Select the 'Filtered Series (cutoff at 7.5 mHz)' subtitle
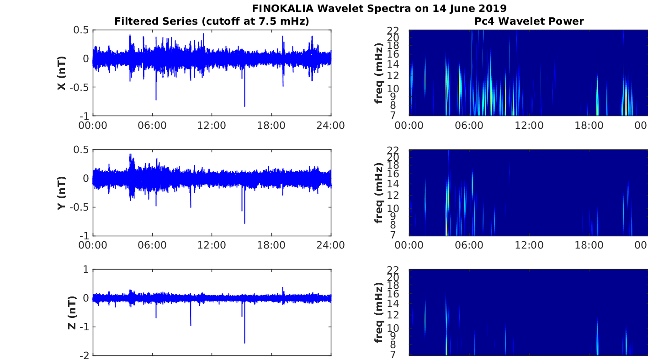[x=212, y=21]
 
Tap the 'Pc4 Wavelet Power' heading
[x=529, y=21]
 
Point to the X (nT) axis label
[x=62, y=73]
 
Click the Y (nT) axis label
[x=62, y=193]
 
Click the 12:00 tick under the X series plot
[x=212, y=126]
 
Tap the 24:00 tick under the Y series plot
[x=330, y=245]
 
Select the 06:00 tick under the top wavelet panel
[x=469, y=126]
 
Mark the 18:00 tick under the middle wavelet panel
[x=589, y=245]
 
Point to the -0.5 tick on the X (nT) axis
[x=79, y=87]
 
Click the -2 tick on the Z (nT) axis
[x=84, y=356]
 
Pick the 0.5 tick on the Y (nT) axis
[x=81, y=149]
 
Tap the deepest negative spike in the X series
[x=245, y=106]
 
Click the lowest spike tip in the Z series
[x=245, y=343]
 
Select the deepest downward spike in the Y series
[x=245, y=223]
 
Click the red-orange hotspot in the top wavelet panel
[x=626, y=104]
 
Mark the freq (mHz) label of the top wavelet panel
[x=378, y=73]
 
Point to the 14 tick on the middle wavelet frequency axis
[x=393, y=184]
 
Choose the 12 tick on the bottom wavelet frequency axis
[x=393, y=315]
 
